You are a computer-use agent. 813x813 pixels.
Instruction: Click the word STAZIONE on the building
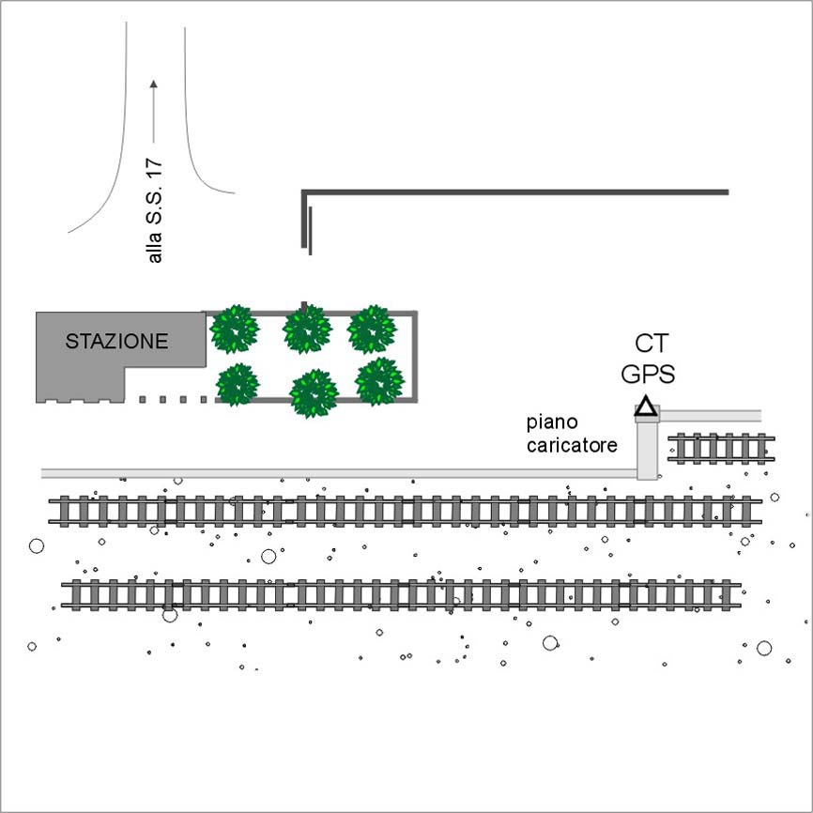[x=116, y=342]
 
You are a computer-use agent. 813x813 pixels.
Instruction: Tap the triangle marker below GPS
[x=645, y=406]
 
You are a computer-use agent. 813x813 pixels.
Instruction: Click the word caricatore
[x=573, y=446]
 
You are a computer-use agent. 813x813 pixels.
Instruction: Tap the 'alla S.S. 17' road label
[x=156, y=211]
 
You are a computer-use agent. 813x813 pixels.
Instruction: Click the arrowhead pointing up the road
[x=154, y=84]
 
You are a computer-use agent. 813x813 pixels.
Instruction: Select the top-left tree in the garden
[x=234, y=329]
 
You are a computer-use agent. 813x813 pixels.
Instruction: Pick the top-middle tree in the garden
[x=307, y=329]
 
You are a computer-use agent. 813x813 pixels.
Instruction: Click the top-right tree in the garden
[x=373, y=329]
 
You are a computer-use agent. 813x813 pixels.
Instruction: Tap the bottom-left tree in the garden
[x=238, y=384]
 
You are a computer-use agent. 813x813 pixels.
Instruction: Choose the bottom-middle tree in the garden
[x=314, y=392]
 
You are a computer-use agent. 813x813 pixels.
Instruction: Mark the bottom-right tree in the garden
[x=380, y=380]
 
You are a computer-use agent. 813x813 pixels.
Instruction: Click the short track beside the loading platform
[x=721, y=449]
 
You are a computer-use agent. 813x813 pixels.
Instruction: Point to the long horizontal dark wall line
[x=516, y=192]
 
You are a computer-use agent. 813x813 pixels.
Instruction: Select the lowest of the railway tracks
[x=404, y=594]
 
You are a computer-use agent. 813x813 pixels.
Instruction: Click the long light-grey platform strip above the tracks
[x=338, y=472]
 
